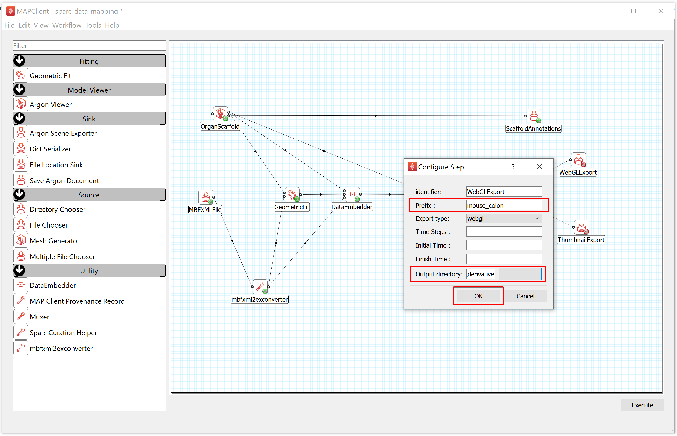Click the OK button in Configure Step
pyautogui.click(x=478, y=296)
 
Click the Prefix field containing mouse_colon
pyautogui.click(x=504, y=205)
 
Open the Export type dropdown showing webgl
pyautogui.click(x=504, y=218)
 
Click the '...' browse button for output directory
pyautogui.click(x=520, y=274)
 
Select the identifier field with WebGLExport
pyautogui.click(x=504, y=192)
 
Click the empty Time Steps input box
pyautogui.click(x=504, y=232)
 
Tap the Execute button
pyautogui.click(x=642, y=405)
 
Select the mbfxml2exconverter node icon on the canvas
pyautogui.click(x=260, y=287)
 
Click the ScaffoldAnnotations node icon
pyautogui.click(x=534, y=116)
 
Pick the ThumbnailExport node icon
pyautogui.click(x=581, y=227)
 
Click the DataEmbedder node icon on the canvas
pyautogui.click(x=352, y=194)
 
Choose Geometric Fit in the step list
pyautogui.click(x=50, y=76)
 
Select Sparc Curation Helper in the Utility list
pyautogui.click(x=63, y=333)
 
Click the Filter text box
pyautogui.click(x=89, y=46)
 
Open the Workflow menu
pyautogui.click(x=67, y=25)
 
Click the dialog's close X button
pyautogui.click(x=540, y=167)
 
